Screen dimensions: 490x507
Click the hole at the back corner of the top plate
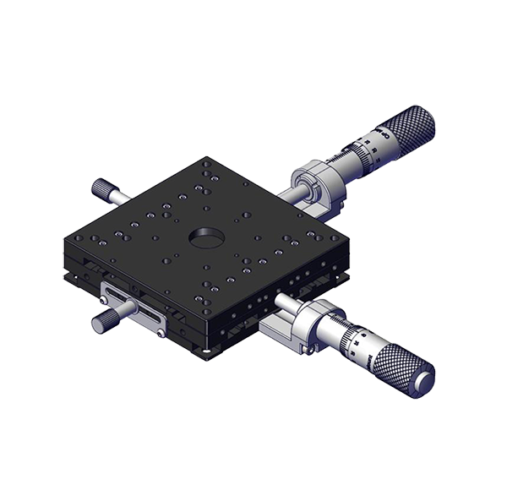[x=205, y=161]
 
